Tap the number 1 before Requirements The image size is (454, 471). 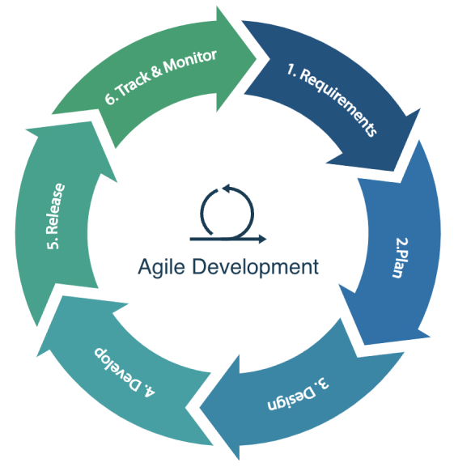click(291, 70)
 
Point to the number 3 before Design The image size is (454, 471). click(323, 384)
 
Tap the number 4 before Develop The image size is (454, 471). click(150, 392)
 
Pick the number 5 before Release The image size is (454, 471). click(53, 244)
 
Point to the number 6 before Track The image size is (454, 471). click(111, 98)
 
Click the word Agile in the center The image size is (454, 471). click(161, 267)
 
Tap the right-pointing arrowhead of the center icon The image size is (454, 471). click(261, 239)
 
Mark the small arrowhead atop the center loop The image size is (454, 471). click(226, 189)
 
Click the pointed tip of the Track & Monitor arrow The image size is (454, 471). click(257, 58)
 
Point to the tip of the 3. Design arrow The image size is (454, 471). click(200, 407)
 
